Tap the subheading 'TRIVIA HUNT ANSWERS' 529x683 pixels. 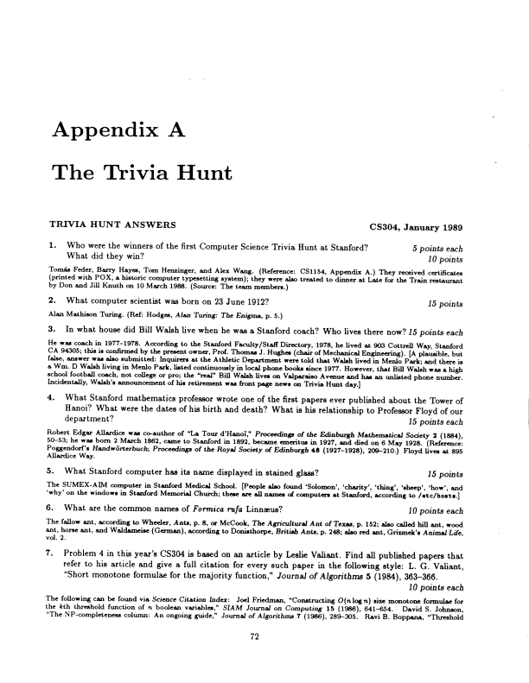pos(112,227)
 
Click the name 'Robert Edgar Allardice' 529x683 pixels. pos(87,438)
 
